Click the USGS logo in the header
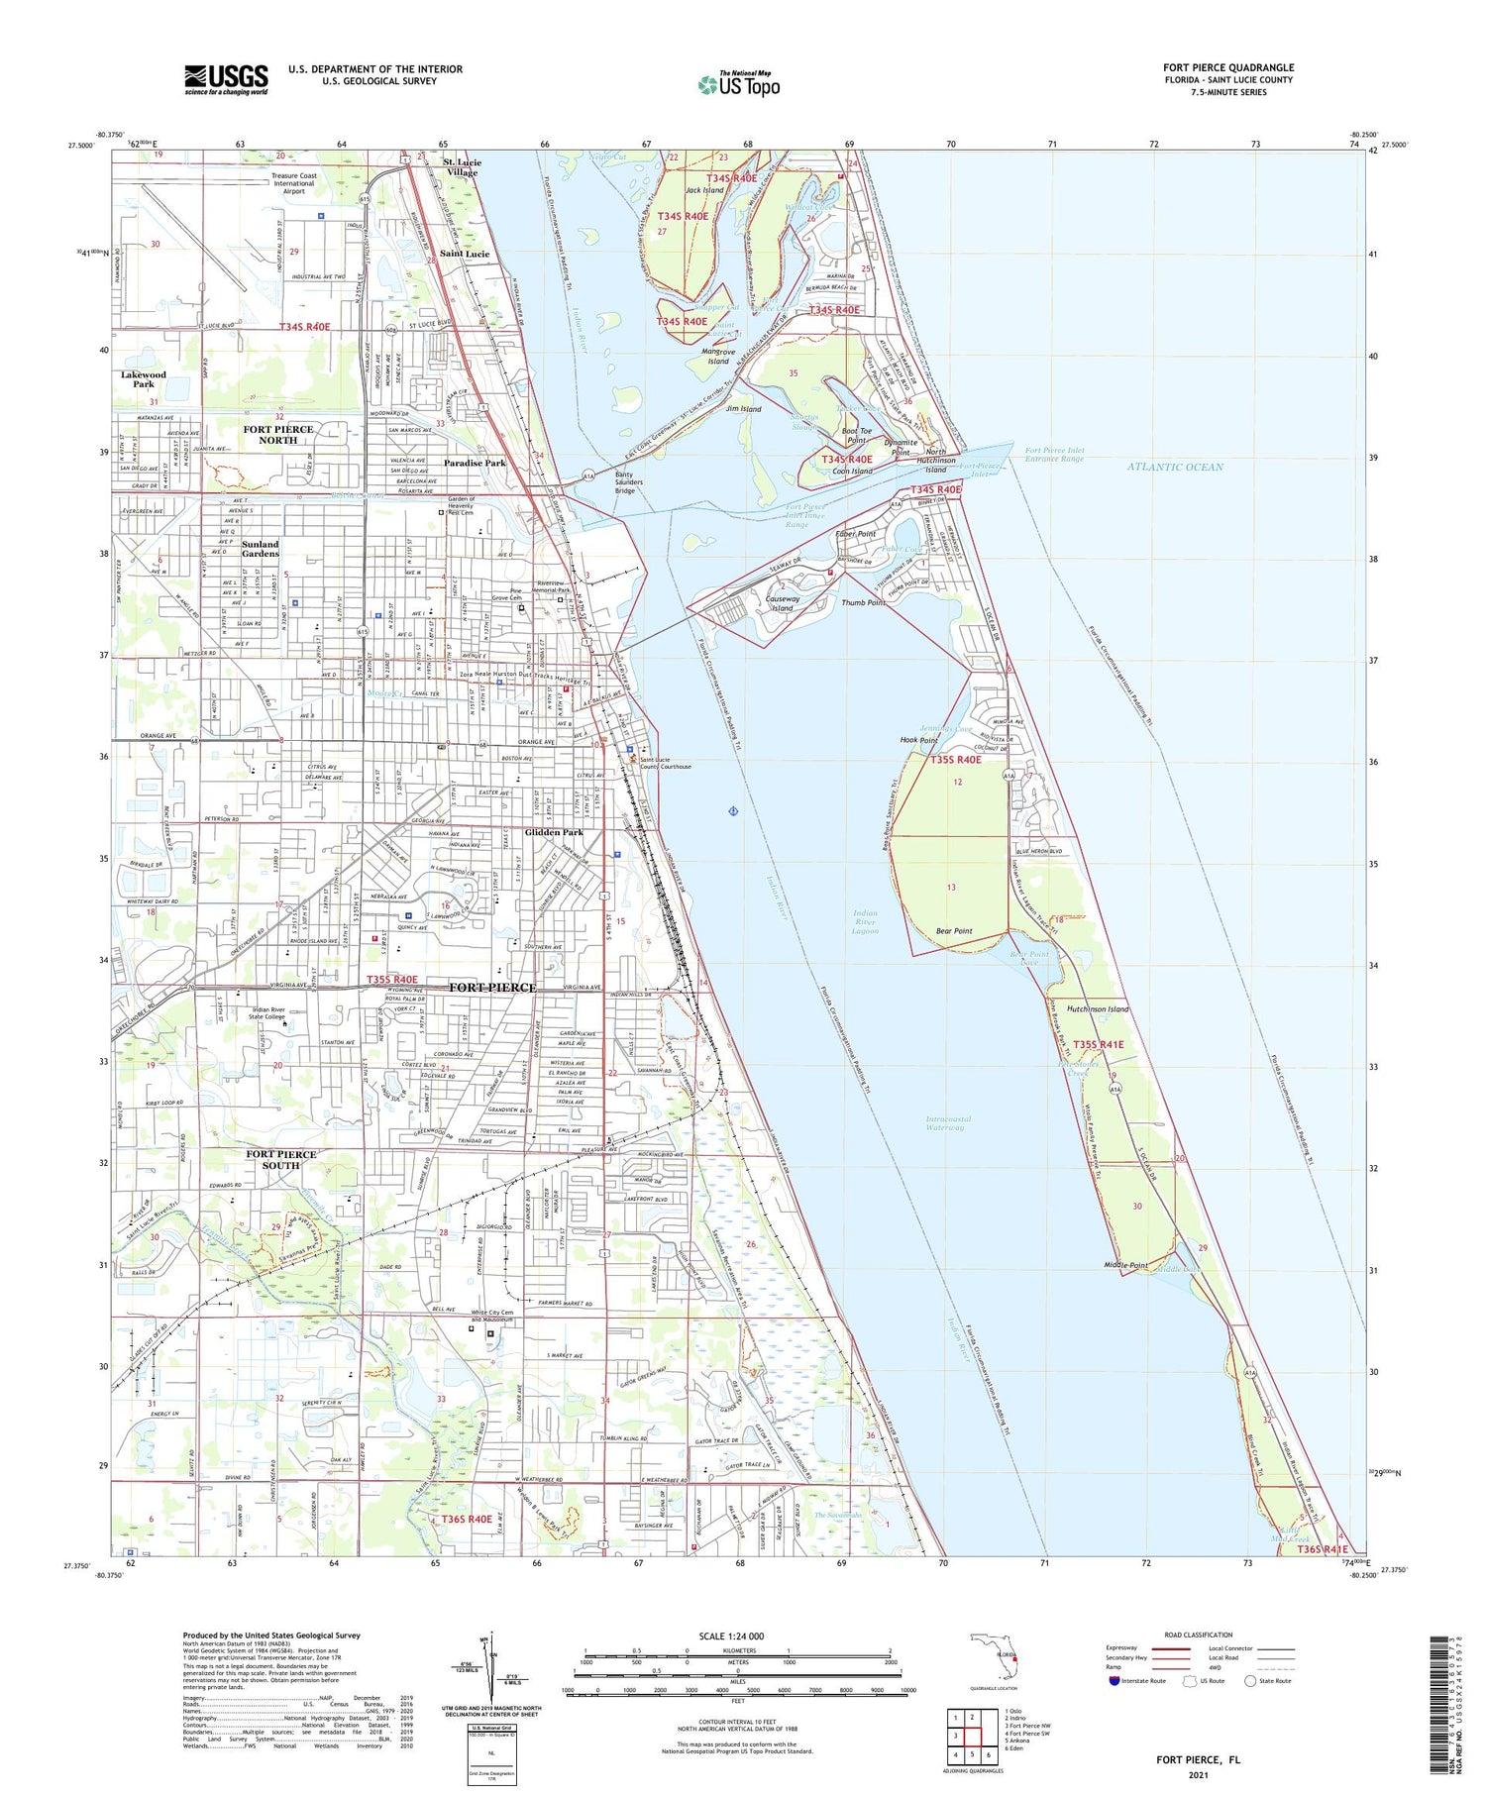[225, 79]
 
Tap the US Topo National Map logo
[739, 84]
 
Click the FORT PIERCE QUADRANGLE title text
[1227, 67]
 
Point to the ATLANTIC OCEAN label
[1174, 467]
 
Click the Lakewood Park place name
[144, 379]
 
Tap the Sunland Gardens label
[261, 549]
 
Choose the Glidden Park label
[554, 832]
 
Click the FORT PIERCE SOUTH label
[281, 1159]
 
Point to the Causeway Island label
[783, 603]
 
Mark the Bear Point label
[954, 931]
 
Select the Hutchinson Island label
[1098, 1008]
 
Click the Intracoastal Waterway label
[947, 1123]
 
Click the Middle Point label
[1125, 1265]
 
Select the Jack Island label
[704, 190]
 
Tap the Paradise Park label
[475, 463]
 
